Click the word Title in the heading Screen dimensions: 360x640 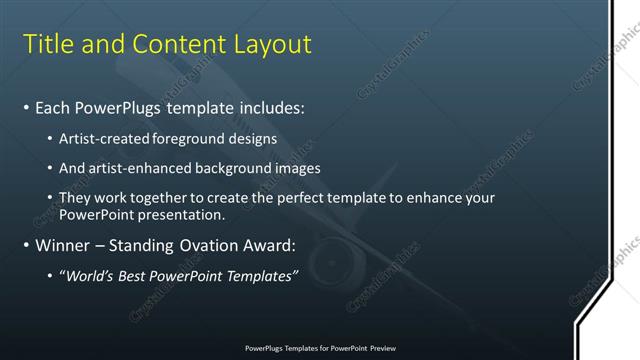tap(47, 44)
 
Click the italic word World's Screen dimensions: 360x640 tap(92, 276)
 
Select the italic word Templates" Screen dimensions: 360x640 tap(261, 276)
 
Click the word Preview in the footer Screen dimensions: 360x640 tap(381, 349)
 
